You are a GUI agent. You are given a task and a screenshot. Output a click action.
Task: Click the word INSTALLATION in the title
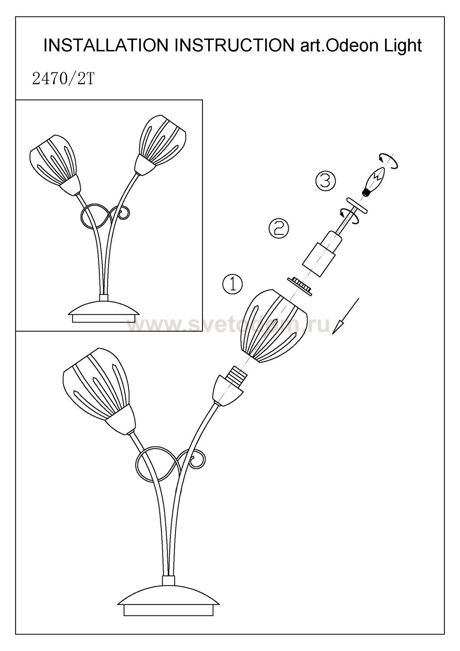[x=106, y=45]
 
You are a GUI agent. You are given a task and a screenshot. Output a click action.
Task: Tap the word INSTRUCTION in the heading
[x=235, y=45]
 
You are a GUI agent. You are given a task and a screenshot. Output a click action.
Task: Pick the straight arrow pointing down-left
[x=346, y=316]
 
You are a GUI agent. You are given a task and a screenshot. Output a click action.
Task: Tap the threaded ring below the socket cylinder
[x=299, y=286]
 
